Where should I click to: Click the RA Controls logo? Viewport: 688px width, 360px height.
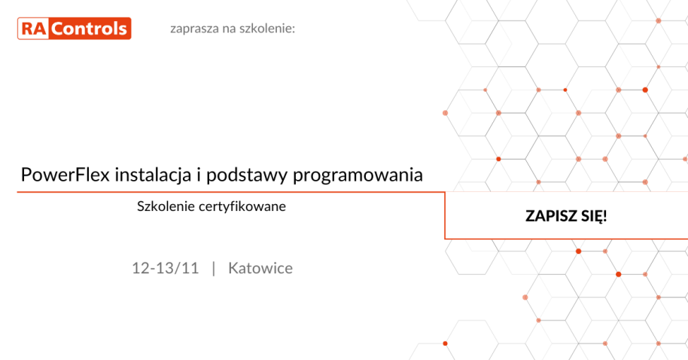pyautogui.click(x=75, y=29)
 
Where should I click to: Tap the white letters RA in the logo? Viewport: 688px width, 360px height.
pyautogui.click(x=34, y=29)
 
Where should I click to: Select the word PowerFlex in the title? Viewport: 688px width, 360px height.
pyautogui.click(x=65, y=175)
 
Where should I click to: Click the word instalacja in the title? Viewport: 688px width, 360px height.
pyautogui.click(x=153, y=175)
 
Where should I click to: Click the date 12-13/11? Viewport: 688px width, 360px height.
pyautogui.click(x=166, y=268)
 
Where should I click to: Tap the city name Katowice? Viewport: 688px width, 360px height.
pyautogui.click(x=260, y=268)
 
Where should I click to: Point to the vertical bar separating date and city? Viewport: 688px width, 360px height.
pyautogui.click(x=214, y=268)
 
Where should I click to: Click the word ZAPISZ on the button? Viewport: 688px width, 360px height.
pyautogui.click(x=549, y=216)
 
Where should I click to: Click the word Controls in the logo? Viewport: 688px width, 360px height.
pyautogui.click(x=90, y=29)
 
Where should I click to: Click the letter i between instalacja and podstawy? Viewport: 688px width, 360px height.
pyautogui.click(x=199, y=175)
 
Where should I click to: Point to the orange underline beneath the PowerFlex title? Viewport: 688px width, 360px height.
pyautogui.click(x=231, y=192)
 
